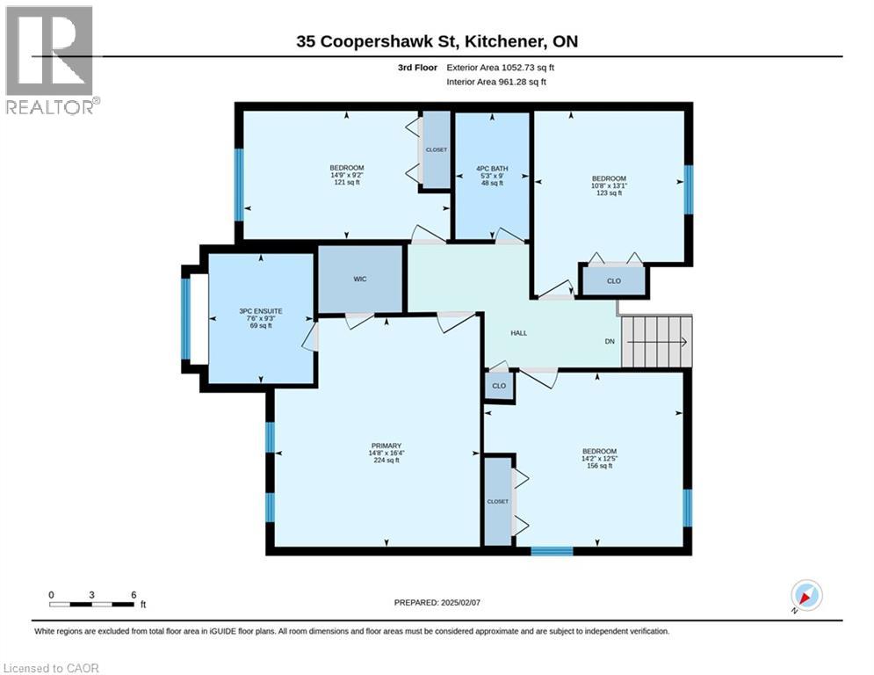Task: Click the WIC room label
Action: point(360,279)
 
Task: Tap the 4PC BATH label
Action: point(492,169)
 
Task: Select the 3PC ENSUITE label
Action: point(261,311)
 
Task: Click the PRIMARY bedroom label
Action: point(386,446)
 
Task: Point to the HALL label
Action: point(519,333)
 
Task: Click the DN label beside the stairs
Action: point(610,341)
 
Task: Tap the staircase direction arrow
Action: point(659,342)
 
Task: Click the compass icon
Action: point(806,595)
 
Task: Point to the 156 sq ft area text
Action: point(600,466)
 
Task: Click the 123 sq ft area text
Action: point(610,193)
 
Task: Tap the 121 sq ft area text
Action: point(347,183)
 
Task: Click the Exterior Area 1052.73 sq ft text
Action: point(500,68)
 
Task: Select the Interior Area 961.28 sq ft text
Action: point(496,82)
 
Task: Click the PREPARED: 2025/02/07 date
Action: point(437,602)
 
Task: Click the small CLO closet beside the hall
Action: point(499,386)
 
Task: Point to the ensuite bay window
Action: point(185,318)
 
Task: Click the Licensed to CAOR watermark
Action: point(51,668)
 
